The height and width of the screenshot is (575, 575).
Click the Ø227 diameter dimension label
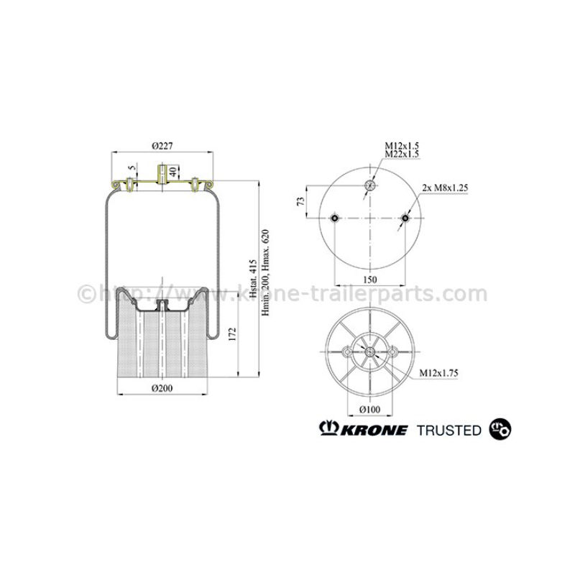(162, 146)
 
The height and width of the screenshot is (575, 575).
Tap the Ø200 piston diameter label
(162, 388)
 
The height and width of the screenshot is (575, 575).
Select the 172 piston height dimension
(232, 334)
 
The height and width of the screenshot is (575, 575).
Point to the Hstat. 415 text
(253, 274)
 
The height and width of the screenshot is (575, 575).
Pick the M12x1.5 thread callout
(402, 146)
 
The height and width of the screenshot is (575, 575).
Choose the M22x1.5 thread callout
(402, 154)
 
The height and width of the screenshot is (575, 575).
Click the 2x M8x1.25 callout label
(445, 188)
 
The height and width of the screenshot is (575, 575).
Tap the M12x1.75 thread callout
(439, 373)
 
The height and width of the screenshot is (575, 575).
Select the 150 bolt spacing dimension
(370, 280)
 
